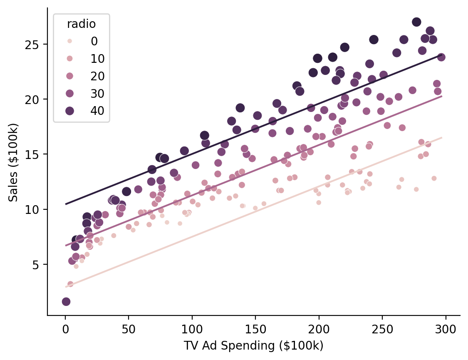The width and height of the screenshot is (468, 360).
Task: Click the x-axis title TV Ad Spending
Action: pos(253,346)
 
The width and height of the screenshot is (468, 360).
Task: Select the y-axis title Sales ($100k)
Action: pos(14,162)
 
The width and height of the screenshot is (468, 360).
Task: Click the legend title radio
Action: pos(82,24)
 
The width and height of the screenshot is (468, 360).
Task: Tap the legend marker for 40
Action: pos(69,111)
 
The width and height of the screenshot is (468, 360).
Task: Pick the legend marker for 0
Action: pos(69,41)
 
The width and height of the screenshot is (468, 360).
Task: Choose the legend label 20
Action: pos(97,76)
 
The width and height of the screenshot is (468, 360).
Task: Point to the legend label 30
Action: pos(97,93)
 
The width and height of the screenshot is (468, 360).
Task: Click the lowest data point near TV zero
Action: pos(66,301)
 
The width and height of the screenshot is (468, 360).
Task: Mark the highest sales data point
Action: pos(416,22)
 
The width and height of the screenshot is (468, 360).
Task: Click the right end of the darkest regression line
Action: pos(441,55)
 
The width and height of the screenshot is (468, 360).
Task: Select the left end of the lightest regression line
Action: pos(66,287)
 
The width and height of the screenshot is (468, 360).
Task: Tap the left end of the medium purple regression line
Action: pos(66,246)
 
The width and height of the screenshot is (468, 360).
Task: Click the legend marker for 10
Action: pos(69,59)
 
